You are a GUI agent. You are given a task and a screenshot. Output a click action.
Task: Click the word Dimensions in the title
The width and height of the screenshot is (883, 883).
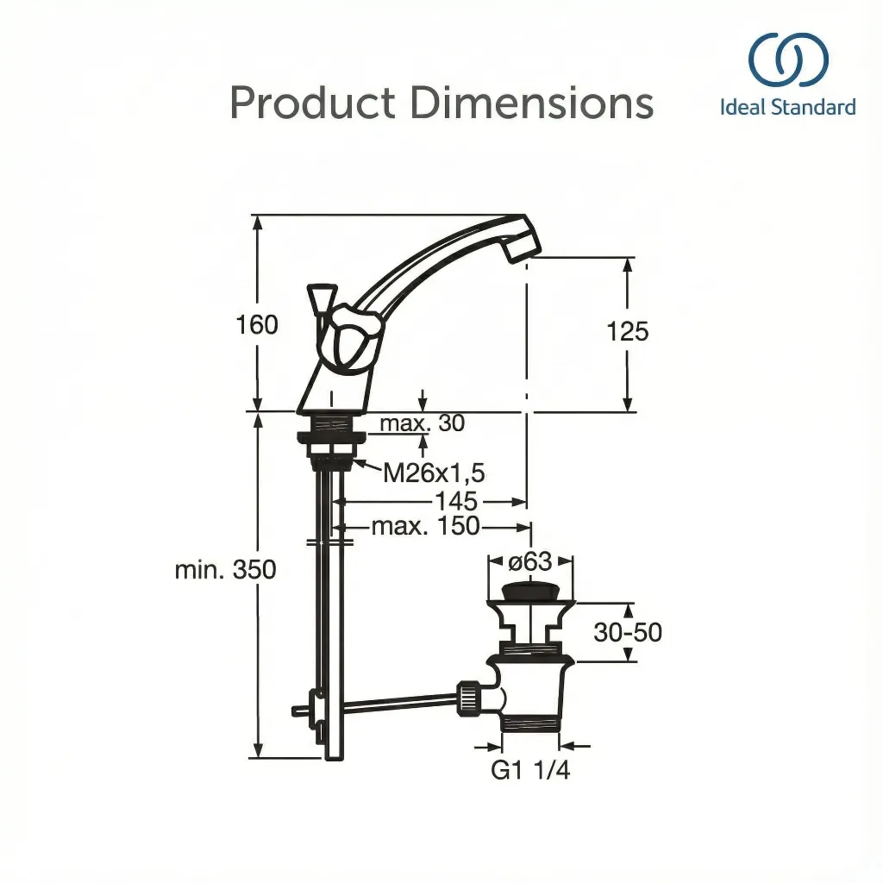(531, 103)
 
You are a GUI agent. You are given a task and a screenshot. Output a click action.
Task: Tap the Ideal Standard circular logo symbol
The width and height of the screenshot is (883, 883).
(788, 61)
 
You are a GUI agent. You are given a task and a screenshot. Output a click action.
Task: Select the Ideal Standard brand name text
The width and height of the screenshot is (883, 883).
(788, 108)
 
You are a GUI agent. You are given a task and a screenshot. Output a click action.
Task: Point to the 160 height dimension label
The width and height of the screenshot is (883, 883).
(258, 325)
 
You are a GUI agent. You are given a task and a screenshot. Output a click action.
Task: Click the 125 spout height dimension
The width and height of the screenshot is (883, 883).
(627, 332)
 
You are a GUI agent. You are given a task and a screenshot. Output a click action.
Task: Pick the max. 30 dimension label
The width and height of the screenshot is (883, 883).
(422, 423)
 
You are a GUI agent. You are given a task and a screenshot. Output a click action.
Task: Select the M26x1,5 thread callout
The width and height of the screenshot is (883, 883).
(434, 473)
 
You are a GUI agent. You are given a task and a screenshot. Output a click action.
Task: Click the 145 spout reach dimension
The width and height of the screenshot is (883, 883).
(456, 501)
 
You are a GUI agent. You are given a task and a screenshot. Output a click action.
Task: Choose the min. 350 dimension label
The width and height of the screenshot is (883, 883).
(225, 570)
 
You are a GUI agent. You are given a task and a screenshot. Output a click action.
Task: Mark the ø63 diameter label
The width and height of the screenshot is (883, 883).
(529, 561)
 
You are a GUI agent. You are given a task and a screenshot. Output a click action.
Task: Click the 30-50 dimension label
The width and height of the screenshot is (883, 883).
(628, 632)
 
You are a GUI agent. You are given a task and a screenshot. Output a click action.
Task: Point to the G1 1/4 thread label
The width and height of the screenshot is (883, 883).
(530, 770)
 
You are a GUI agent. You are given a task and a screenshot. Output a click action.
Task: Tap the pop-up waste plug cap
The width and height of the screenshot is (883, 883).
(530, 592)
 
